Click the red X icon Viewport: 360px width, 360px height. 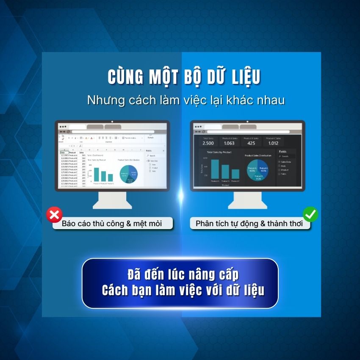[54, 215]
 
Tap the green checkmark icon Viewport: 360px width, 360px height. [310, 214]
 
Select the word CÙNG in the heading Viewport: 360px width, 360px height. [125, 77]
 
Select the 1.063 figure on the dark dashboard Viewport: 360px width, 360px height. [229, 143]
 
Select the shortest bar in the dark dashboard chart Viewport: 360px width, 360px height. [235, 174]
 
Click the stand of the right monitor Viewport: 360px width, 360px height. [247, 200]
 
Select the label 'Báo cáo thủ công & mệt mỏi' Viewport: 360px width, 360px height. [112, 224]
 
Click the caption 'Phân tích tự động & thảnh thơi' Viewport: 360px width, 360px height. [249, 224]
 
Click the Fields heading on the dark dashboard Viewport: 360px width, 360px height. [282, 151]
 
